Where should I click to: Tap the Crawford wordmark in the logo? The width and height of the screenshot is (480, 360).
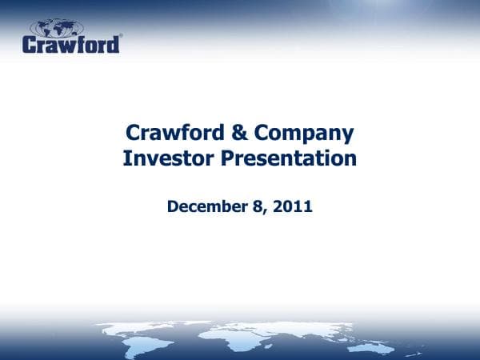point(71,43)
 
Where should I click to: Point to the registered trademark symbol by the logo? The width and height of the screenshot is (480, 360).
point(121,35)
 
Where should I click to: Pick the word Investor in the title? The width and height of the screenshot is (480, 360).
point(168,158)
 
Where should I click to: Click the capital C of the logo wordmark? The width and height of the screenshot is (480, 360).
point(30,43)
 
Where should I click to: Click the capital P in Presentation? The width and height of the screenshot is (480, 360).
point(230,158)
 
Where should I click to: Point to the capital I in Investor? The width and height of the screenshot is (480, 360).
point(126,158)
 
